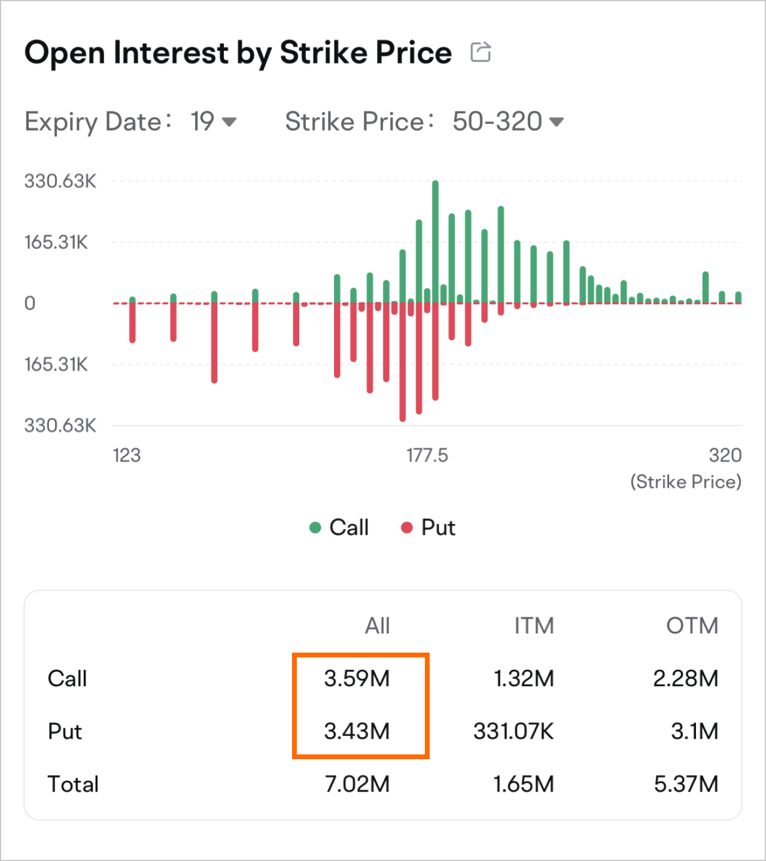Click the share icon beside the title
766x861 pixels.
tap(481, 52)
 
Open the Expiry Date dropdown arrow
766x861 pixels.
tap(229, 122)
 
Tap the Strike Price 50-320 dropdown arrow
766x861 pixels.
tap(557, 122)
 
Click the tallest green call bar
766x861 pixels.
tap(435, 239)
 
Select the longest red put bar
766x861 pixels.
tap(403, 362)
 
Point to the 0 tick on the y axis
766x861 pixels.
tap(30, 304)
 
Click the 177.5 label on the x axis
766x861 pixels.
tap(427, 456)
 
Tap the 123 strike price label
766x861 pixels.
tap(127, 456)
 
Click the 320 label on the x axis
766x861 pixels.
tap(725, 456)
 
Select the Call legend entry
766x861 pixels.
tap(339, 527)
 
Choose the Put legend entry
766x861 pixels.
tap(428, 527)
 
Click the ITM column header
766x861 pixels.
tap(534, 626)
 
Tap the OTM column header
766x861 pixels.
tap(692, 626)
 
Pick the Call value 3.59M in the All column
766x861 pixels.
tap(357, 678)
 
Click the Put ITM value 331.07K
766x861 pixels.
tap(513, 731)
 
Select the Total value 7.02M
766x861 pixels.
tap(357, 784)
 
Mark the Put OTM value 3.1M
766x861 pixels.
tap(694, 731)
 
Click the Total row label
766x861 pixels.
tap(73, 784)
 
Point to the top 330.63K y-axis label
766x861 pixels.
tap(60, 181)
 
